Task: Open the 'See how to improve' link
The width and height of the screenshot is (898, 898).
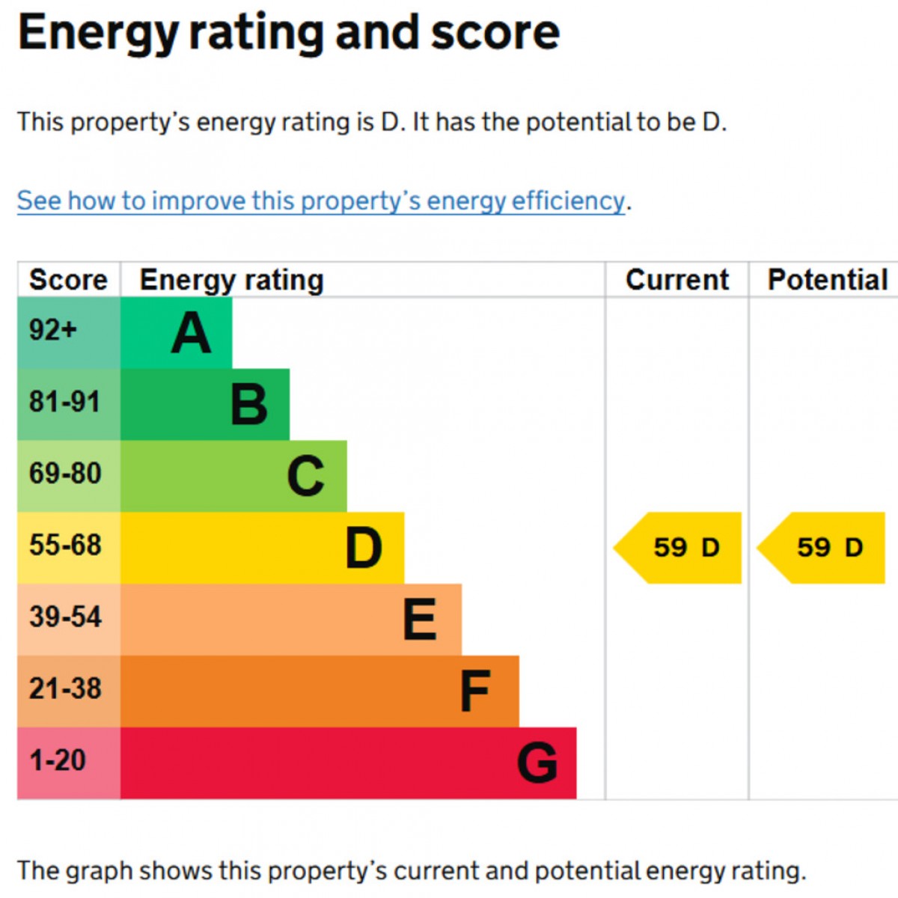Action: [x=320, y=201]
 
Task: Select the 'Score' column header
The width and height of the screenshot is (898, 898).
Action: [x=69, y=280]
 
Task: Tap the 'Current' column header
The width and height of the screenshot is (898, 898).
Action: [x=677, y=280]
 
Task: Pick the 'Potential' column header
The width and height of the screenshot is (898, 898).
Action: [x=827, y=280]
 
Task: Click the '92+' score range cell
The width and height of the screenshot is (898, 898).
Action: [x=69, y=333]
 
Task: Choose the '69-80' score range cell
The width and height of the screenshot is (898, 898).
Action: [x=69, y=476]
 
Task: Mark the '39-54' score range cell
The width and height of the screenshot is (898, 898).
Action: [x=69, y=620]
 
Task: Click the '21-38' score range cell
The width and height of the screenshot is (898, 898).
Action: [x=69, y=691]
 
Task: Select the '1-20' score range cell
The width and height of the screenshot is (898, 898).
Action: [x=69, y=763]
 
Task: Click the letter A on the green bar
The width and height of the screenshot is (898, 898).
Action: [x=191, y=332]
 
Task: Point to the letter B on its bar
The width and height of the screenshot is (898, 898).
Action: [x=249, y=404]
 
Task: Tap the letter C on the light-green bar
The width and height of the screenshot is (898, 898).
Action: [x=306, y=476]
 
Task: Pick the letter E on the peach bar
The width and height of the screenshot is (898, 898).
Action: [x=420, y=620]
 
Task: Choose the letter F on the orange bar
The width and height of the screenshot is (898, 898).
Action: [x=475, y=691]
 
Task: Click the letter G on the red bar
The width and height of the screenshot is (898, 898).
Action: [x=537, y=763]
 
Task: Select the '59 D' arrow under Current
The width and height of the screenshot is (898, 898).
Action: [x=677, y=548]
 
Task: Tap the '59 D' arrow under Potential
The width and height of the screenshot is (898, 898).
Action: [x=821, y=548]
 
